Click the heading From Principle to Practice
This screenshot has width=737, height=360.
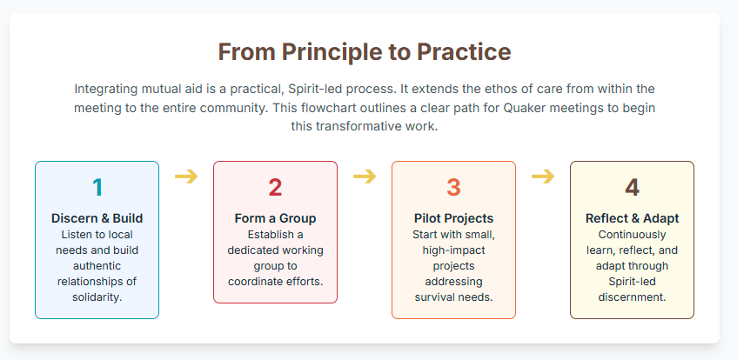(x=365, y=51)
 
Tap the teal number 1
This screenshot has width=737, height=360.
(x=97, y=188)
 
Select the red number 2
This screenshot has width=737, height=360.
(x=276, y=188)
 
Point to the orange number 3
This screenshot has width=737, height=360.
(x=453, y=188)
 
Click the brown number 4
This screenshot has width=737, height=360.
(x=633, y=188)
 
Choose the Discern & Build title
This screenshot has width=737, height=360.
(x=97, y=218)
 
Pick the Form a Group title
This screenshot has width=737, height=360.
(x=276, y=218)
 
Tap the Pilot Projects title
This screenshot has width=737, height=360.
(x=453, y=218)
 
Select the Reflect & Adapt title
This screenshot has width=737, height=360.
(x=633, y=218)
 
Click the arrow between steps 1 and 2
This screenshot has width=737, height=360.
(x=186, y=177)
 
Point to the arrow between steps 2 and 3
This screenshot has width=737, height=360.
(x=365, y=177)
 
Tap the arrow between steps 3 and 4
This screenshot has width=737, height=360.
(x=543, y=177)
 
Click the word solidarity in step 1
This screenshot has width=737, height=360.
(x=96, y=297)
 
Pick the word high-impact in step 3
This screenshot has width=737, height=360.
(x=453, y=250)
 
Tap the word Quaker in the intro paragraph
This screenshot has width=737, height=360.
(x=522, y=108)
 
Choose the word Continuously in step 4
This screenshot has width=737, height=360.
(x=633, y=235)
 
